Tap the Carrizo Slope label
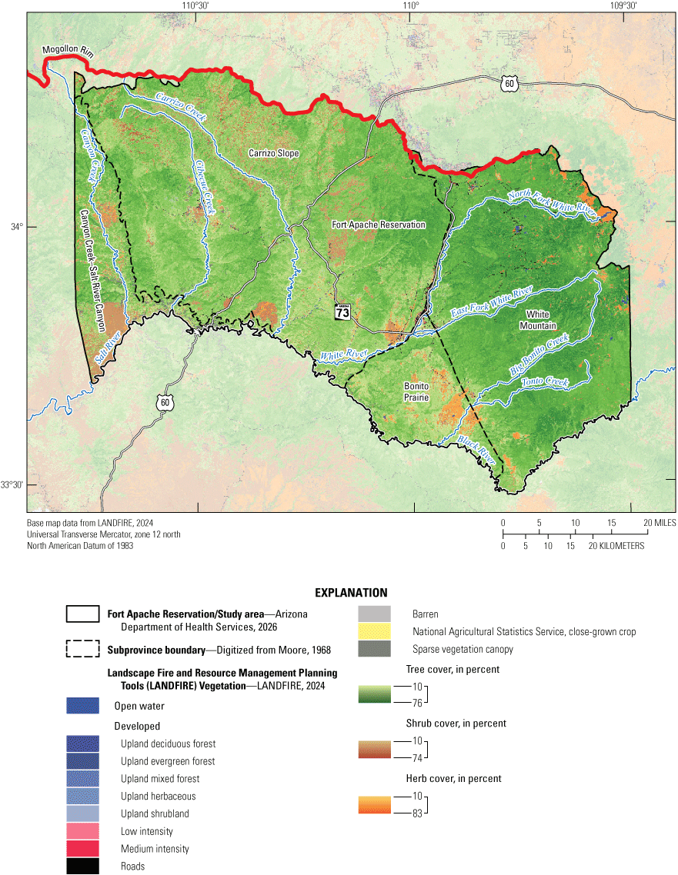click(x=273, y=154)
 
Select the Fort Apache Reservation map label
click(x=378, y=225)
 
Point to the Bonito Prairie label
click(x=416, y=391)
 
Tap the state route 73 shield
click(x=343, y=311)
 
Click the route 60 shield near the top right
click(x=506, y=83)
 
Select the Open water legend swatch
click(x=82, y=706)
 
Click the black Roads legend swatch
click(x=82, y=866)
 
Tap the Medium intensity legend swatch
click(x=82, y=849)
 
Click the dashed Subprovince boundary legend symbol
click(x=82, y=649)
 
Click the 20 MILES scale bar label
click(x=659, y=523)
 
